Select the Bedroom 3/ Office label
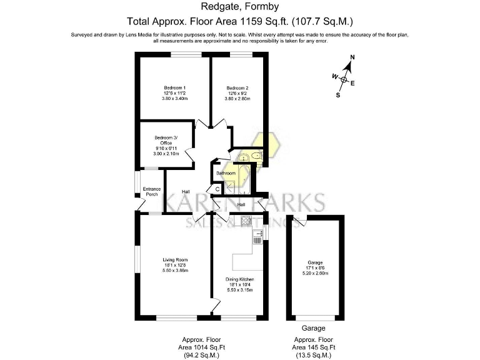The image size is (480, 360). [166, 141]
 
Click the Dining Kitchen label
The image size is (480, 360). [241, 279]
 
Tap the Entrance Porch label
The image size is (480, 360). [152, 191]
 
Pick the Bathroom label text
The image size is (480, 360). [226, 173]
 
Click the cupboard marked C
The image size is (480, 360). [217, 188]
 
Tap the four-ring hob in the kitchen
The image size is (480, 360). [246, 220]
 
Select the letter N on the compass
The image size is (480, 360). [352, 58]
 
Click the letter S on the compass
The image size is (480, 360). [338, 96]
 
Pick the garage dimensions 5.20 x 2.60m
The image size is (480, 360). [315, 273]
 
